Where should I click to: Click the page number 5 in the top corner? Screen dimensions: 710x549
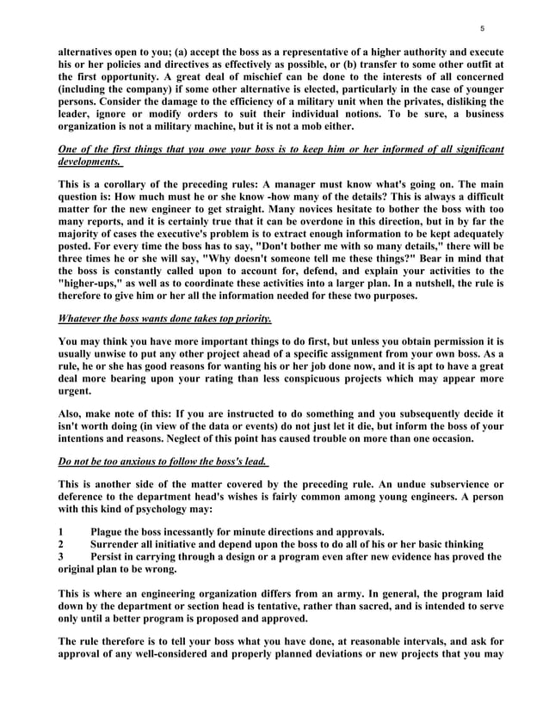click(x=482, y=28)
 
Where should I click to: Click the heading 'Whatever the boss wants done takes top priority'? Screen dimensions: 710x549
click(x=164, y=319)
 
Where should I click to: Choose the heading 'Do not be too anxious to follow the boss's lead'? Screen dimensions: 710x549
click(x=163, y=462)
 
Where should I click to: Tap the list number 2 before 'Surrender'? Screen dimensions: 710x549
click(x=60, y=544)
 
